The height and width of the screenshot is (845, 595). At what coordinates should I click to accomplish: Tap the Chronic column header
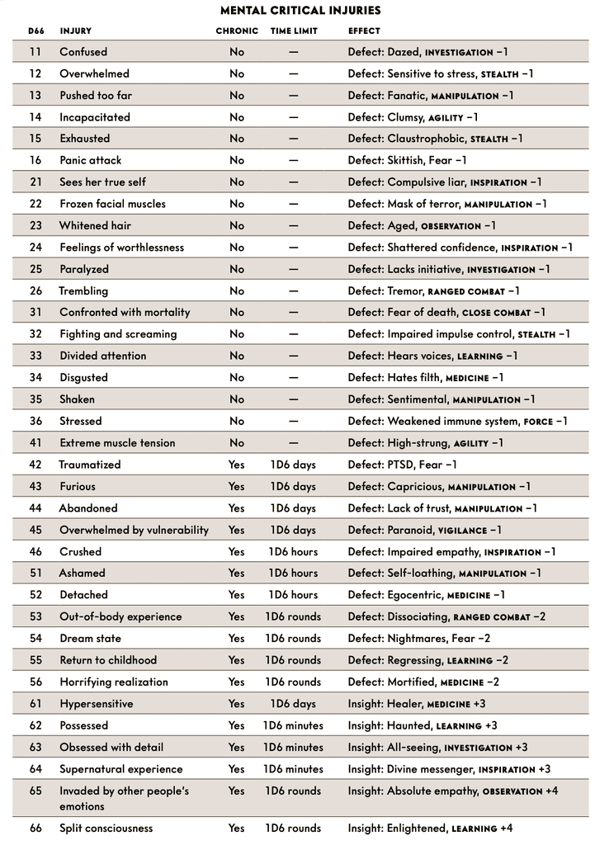pos(237,31)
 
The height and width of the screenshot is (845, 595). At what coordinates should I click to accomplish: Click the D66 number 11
pos(35,52)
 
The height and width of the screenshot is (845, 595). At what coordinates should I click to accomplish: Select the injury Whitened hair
pos(95,225)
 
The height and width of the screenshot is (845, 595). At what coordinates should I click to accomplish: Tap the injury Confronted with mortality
pos(125,313)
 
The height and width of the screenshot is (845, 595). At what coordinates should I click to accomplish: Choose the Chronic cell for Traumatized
pos(237,465)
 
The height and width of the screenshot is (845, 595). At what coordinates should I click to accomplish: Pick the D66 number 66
pos(35,828)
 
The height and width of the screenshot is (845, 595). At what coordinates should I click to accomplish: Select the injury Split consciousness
pos(106,828)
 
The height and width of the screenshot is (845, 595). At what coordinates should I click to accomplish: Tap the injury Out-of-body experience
pos(120,616)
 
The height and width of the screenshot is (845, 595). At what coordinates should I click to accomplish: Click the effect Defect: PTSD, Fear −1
pos(402,465)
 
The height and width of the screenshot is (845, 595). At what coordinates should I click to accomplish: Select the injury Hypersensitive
pos(96,704)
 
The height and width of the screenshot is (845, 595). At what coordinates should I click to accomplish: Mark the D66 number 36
pos(35,421)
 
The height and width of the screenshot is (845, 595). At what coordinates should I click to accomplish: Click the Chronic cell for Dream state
pos(237,638)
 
